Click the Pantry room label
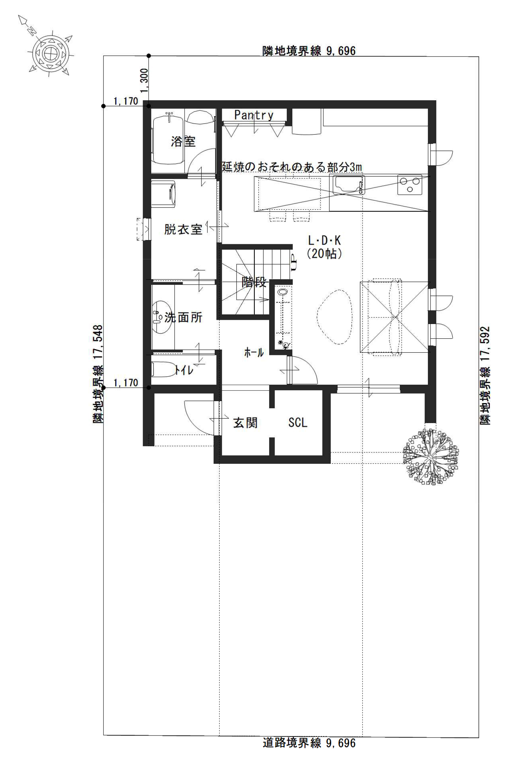click(253, 115)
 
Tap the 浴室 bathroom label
click(183, 141)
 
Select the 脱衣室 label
click(183, 229)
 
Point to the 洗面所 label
click(183, 317)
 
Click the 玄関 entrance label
click(245, 423)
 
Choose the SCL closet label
click(298, 423)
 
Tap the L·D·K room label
click(324, 241)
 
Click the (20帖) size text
click(324, 253)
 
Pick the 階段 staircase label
click(254, 282)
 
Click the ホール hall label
click(254, 353)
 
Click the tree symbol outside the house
click(431, 456)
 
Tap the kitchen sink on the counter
click(349, 185)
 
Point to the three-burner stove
click(410, 185)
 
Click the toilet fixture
click(163, 370)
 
